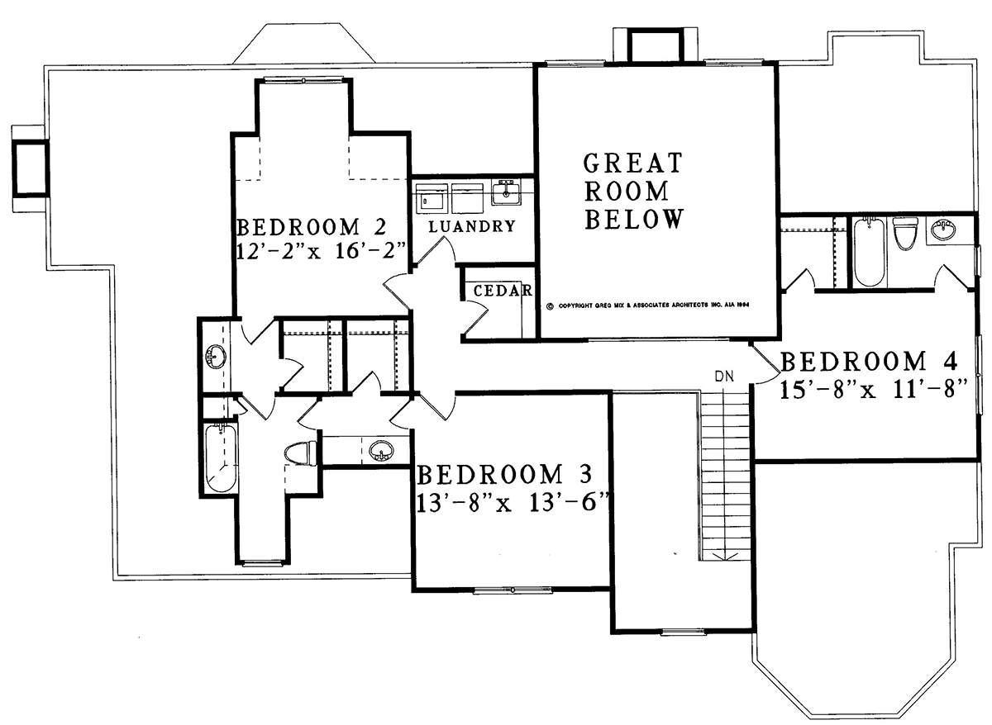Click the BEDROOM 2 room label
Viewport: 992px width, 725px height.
(312, 227)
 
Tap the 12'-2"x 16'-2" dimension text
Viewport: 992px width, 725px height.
(322, 251)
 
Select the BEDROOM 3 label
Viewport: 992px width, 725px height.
(504, 474)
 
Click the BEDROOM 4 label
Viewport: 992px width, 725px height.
(868, 361)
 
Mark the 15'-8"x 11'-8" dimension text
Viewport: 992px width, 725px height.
(872, 390)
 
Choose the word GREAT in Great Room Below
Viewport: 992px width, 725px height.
(632, 163)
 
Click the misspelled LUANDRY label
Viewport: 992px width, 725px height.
(472, 226)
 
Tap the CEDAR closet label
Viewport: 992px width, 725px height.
(503, 290)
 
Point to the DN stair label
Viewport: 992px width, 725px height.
(724, 376)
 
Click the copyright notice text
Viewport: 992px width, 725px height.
(647, 306)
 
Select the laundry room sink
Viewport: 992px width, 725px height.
(506, 192)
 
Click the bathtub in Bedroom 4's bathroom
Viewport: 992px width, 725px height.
(870, 252)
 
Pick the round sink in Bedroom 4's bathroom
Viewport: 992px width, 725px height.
(944, 229)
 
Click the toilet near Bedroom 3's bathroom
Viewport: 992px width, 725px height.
(300, 453)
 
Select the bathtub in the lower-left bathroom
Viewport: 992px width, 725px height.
(221, 457)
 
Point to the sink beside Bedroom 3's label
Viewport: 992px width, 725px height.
(381, 450)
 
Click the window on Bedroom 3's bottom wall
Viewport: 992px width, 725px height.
(513, 590)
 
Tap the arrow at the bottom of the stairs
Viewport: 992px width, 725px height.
(723, 555)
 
